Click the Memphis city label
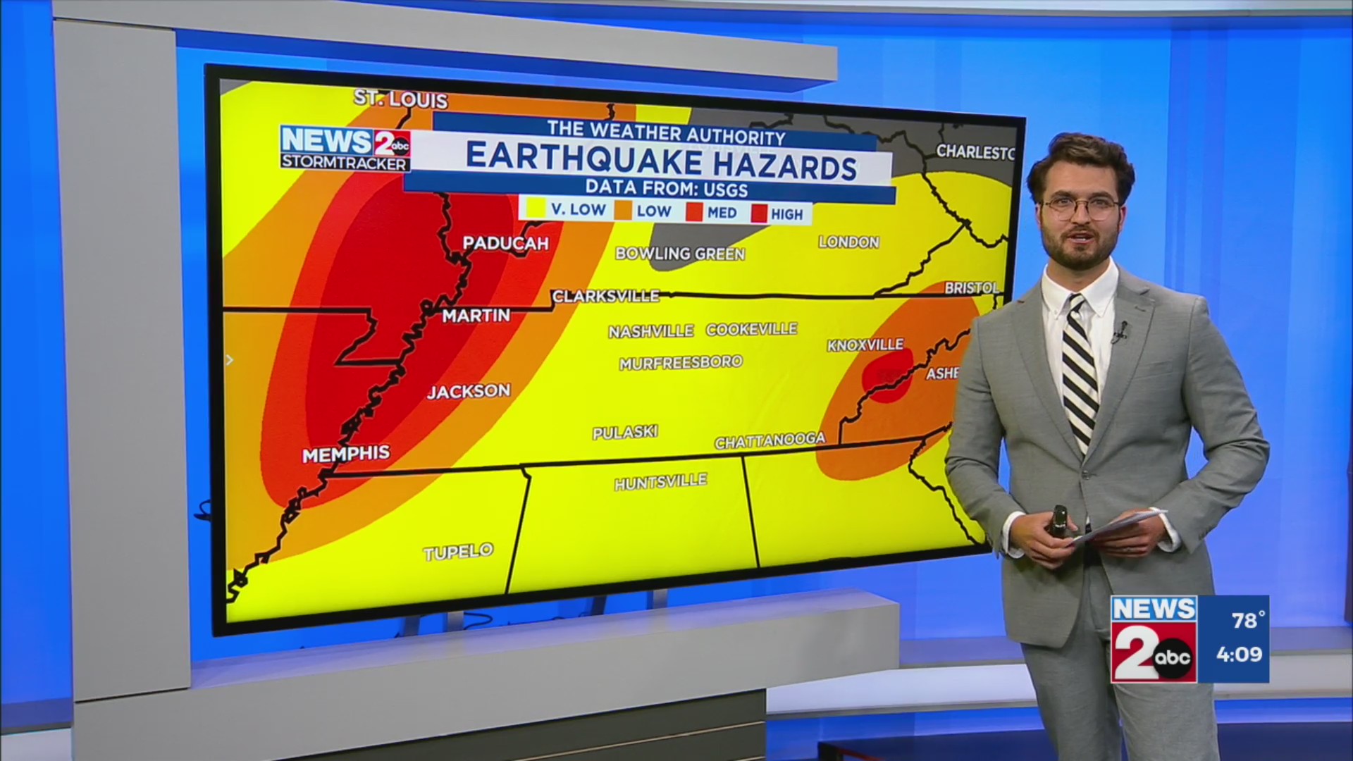345,454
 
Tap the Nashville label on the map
650,331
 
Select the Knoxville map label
865,345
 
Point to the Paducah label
505,243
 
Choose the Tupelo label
458,552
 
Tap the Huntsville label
660,482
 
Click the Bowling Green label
679,254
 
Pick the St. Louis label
400,99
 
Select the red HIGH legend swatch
759,214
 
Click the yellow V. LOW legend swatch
536,209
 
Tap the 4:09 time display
1239,655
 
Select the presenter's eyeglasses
1080,206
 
